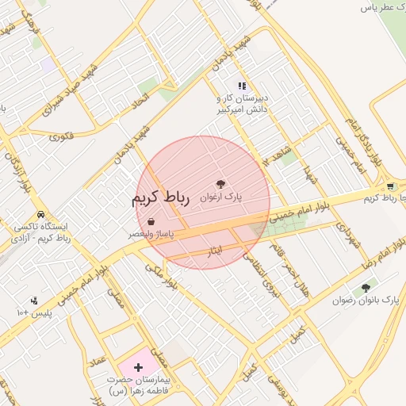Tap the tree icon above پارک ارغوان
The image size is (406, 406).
click(x=232, y=182)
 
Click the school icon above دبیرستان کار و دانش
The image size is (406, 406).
click(x=242, y=86)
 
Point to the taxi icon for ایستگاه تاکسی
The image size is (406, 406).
click(x=40, y=215)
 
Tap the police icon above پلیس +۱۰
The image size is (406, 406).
click(x=34, y=301)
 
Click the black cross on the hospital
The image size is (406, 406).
click(x=140, y=367)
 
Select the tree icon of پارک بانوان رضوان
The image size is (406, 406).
click(x=366, y=288)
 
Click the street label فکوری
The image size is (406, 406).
click(x=61, y=136)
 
